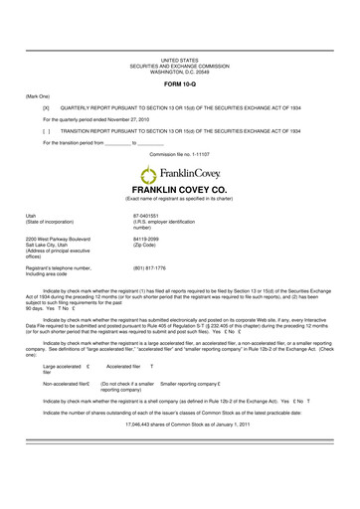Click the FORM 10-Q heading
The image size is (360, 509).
[179, 83]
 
